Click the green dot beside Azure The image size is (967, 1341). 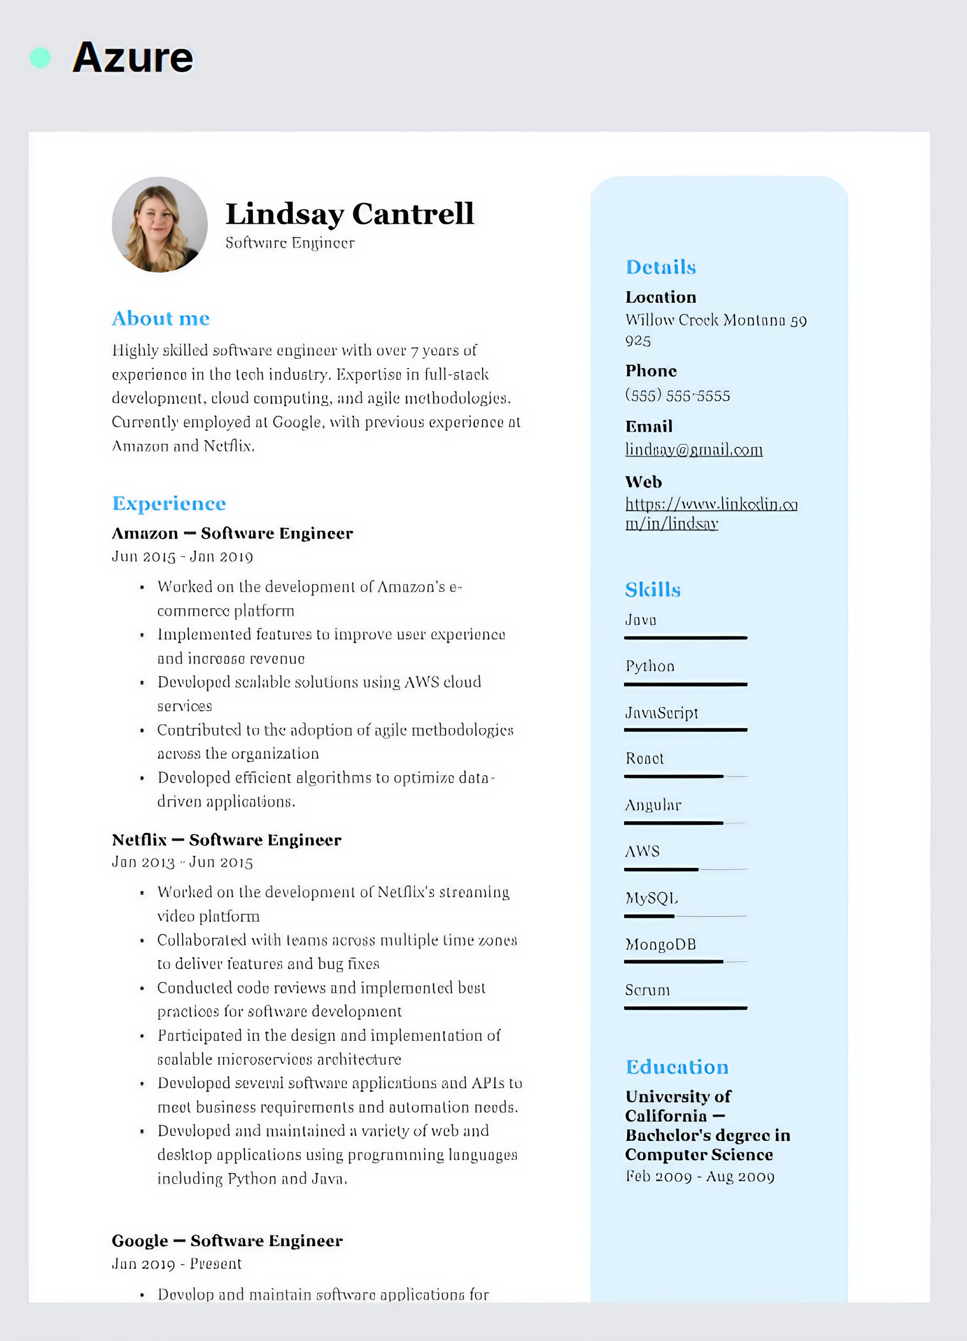click(x=40, y=58)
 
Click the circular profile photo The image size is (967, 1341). click(x=160, y=225)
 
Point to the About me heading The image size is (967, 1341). click(x=161, y=318)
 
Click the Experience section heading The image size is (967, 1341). click(x=169, y=504)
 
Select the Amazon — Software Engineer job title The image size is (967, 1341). click(x=232, y=533)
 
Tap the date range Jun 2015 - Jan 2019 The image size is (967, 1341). click(x=182, y=557)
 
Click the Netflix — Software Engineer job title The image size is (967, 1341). click(x=226, y=840)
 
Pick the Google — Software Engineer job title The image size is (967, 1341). click(x=227, y=1240)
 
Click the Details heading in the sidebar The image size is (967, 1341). click(x=661, y=267)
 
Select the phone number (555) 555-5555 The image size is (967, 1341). click(x=677, y=395)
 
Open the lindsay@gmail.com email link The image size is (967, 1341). click(x=694, y=450)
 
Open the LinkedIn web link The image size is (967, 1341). click(x=711, y=513)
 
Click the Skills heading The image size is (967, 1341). click(x=652, y=589)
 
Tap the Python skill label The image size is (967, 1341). click(x=650, y=666)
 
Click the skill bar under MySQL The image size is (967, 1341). click(x=686, y=916)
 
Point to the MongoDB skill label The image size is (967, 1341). click(x=660, y=944)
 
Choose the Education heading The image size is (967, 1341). click(x=677, y=1067)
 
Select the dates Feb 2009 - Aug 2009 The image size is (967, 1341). click(x=700, y=1177)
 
